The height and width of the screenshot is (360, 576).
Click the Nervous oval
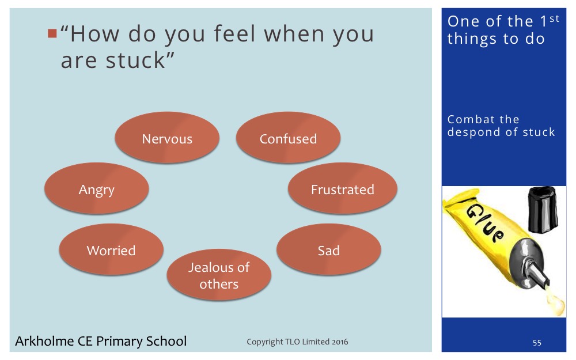pos(167,138)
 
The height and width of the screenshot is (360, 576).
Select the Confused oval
pos(289,138)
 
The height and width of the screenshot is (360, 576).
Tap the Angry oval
pos(97,188)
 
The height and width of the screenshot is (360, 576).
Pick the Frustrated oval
pos(342,188)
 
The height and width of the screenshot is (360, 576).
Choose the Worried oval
pos(111,249)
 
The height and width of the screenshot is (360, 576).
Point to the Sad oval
pos(329,249)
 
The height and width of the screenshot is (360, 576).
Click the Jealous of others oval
pos(219,275)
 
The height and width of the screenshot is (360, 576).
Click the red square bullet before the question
pos(52,33)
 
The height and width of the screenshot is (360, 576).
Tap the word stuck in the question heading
pos(135,60)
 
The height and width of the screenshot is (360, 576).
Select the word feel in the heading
pos(234,33)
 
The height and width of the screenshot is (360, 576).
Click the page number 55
pos(537,343)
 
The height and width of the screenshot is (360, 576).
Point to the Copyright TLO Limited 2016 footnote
pos(297,342)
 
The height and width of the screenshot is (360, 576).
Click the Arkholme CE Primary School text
pos(101,341)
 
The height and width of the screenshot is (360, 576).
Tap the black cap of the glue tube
pos(543,209)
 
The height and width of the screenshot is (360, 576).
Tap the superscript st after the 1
pos(554,18)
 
